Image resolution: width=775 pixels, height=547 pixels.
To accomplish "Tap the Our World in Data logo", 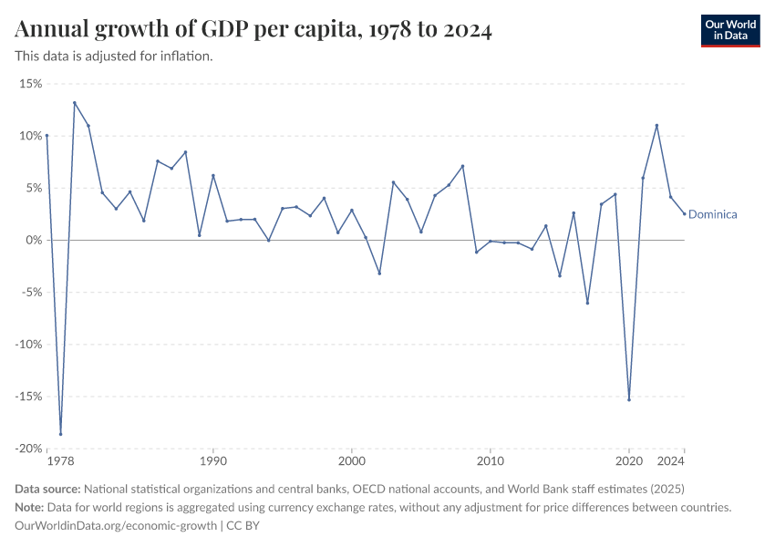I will [x=729, y=30].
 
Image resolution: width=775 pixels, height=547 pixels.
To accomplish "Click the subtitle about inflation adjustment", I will [x=114, y=56].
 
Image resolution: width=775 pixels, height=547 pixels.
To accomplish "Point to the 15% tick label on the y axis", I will [x=30, y=84].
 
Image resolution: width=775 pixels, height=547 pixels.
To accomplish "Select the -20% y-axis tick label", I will [x=28, y=449].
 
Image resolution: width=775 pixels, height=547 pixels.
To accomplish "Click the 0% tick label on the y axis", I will [x=34, y=240].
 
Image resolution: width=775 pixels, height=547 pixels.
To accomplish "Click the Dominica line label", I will [x=712, y=214].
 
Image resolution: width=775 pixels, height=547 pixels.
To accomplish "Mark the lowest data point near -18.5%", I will [x=61, y=434].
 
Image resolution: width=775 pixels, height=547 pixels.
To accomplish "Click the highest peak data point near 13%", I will [x=75, y=103].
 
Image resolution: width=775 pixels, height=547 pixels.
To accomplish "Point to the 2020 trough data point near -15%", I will [x=629, y=399].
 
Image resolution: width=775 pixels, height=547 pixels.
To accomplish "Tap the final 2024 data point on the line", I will [x=684, y=214].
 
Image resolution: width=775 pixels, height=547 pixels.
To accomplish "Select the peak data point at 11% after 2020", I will [x=656, y=125].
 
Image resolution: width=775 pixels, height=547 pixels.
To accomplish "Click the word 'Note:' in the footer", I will [x=32, y=507].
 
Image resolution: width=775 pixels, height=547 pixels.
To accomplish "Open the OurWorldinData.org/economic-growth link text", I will [x=116, y=526].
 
